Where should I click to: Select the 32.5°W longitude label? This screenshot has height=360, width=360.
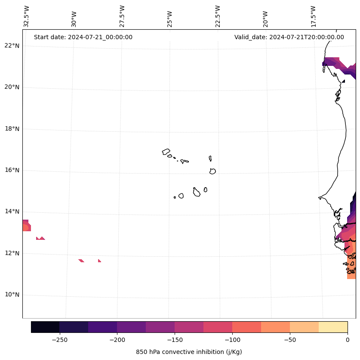[x=27, y=17]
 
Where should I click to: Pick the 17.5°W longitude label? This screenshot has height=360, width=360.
[x=313, y=17]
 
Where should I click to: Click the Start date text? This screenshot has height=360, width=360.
[x=83, y=37]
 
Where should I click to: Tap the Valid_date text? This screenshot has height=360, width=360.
[x=289, y=37]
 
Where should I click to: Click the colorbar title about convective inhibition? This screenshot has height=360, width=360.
[x=189, y=352]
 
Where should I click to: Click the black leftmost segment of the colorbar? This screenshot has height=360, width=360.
[x=45, y=327]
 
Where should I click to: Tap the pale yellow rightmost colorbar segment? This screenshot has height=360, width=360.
[x=333, y=327]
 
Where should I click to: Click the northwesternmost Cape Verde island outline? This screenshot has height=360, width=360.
[x=166, y=152]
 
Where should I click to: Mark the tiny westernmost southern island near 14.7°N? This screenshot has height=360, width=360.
[x=175, y=197]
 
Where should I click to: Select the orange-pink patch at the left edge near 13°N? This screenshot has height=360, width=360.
[x=26, y=226]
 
